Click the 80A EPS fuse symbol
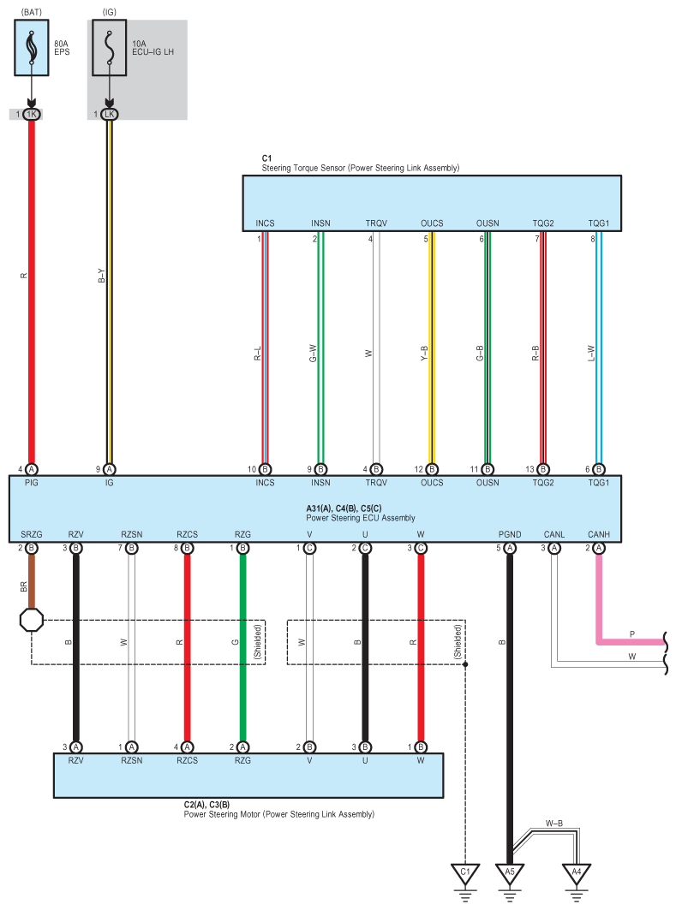pyautogui.click(x=31, y=49)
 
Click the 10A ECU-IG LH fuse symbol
pyautogui.click(x=109, y=49)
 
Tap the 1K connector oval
pyautogui.click(x=32, y=114)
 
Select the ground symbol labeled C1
pyautogui.click(x=465, y=874)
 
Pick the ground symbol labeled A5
pyautogui.click(x=510, y=874)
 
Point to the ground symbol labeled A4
pyautogui.click(x=577, y=874)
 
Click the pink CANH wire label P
pyautogui.click(x=632, y=634)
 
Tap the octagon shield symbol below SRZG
pyautogui.click(x=32, y=620)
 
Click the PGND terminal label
pyautogui.click(x=510, y=535)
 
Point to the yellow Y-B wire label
pyautogui.click(x=424, y=352)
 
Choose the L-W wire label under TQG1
pyautogui.click(x=591, y=352)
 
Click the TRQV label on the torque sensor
pyautogui.click(x=376, y=223)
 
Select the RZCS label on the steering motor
pyautogui.click(x=187, y=759)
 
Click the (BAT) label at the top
pyautogui.click(x=31, y=10)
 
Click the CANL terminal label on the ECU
pyautogui.click(x=554, y=535)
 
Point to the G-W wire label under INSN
pyautogui.click(x=313, y=352)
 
